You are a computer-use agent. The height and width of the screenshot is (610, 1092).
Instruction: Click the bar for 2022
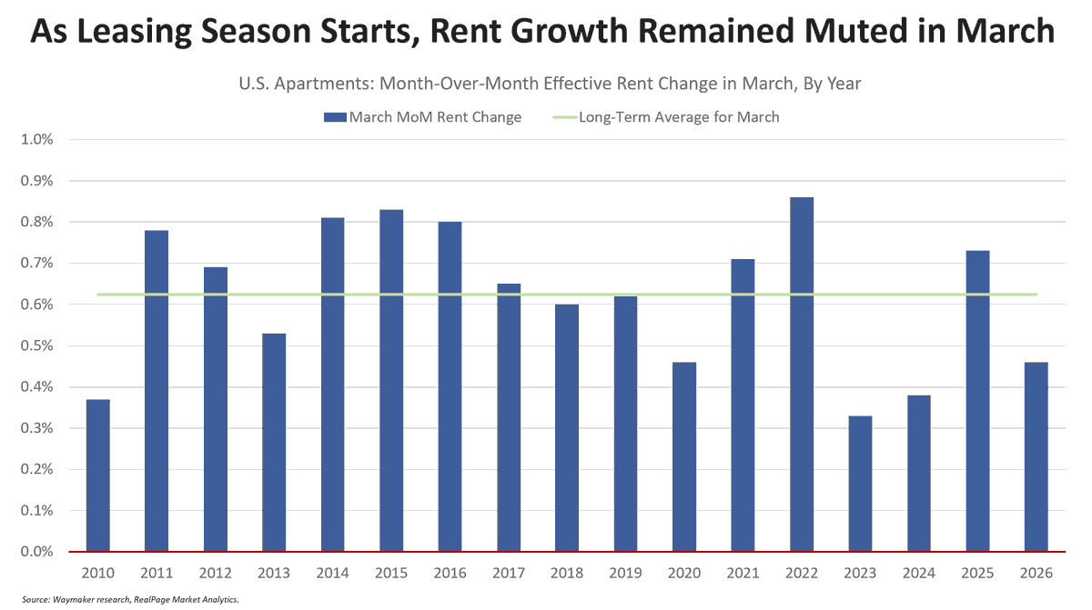(x=802, y=375)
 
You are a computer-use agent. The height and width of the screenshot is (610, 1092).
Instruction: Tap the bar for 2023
(x=861, y=484)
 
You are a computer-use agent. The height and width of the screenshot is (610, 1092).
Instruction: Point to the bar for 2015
(x=391, y=381)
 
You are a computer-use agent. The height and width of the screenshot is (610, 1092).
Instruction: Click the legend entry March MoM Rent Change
(x=422, y=116)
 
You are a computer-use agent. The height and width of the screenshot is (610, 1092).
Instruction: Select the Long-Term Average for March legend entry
(x=678, y=116)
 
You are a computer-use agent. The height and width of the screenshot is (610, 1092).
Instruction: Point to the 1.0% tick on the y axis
(x=36, y=140)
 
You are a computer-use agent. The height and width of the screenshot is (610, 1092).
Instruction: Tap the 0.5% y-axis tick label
(x=36, y=346)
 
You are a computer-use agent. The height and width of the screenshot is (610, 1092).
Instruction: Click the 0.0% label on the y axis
(x=36, y=552)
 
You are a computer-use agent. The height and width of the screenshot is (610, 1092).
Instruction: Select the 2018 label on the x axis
(x=567, y=573)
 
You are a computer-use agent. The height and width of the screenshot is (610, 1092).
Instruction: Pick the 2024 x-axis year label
(x=919, y=573)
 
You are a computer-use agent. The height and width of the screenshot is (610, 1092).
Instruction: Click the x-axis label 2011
(x=156, y=573)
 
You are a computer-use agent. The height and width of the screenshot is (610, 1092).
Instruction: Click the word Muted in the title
(x=850, y=34)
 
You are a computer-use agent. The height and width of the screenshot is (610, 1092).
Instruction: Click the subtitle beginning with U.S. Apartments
(x=550, y=83)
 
